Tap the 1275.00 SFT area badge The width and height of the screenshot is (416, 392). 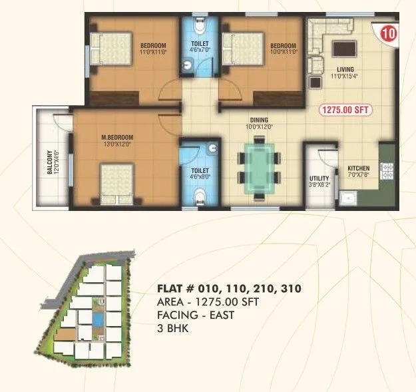pos(346,110)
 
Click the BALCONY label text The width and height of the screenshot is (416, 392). pos(50,164)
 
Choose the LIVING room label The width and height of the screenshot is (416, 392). pos(345,73)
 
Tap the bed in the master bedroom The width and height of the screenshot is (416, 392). pos(117,184)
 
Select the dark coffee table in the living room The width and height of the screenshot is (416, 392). pos(345,49)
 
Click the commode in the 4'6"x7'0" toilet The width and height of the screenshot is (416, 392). pos(196,27)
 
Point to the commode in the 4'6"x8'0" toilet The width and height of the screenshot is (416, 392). pos(198,196)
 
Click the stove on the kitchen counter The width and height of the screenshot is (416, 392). pos(386,172)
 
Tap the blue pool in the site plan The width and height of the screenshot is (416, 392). pos(98,319)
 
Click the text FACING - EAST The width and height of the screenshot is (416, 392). pos(195,315)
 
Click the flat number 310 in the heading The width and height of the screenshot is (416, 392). pos(290,289)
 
